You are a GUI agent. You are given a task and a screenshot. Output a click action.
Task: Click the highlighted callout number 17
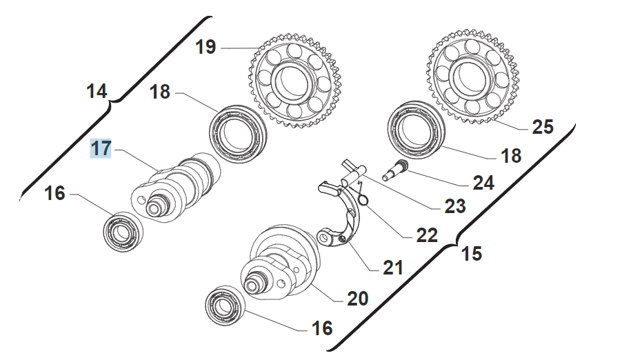point(101,148)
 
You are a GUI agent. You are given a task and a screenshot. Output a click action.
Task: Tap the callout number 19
point(205,48)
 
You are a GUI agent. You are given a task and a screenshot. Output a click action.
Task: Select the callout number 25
point(543,127)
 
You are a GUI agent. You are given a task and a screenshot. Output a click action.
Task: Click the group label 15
point(471,254)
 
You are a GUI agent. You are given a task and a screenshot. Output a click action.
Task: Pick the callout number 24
point(483,183)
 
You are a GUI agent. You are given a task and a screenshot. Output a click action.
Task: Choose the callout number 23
point(454,206)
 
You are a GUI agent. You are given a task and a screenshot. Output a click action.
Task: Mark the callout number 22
point(427,235)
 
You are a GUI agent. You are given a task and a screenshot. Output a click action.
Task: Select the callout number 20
point(357,299)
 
